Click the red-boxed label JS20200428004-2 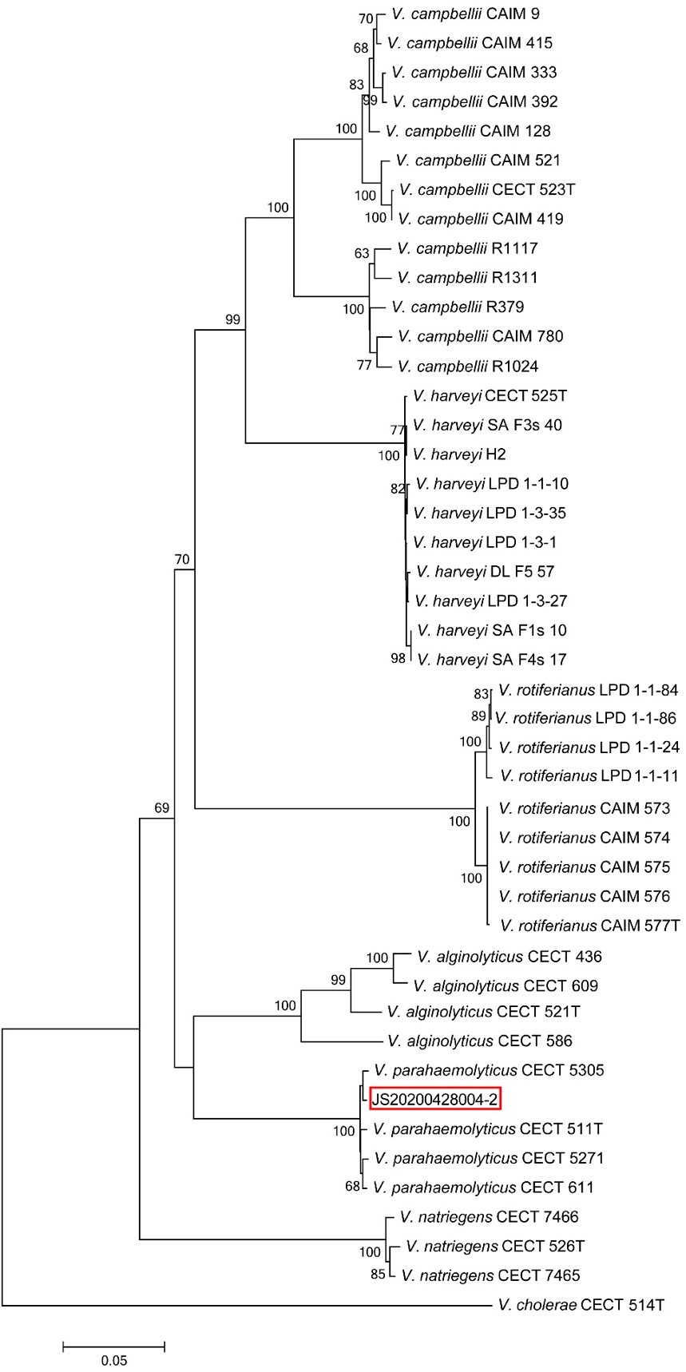(x=435, y=1100)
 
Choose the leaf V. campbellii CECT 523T (x=487, y=189)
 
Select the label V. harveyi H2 (x=460, y=454)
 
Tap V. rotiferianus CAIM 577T (x=589, y=926)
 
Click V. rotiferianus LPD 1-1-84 (x=588, y=689)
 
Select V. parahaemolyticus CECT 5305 (x=489, y=1070)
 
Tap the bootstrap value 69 (x=162, y=808)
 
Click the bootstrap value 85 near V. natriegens (x=378, y=1275)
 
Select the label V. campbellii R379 (x=458, y=307)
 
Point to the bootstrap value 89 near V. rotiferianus (x=478, y=716)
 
